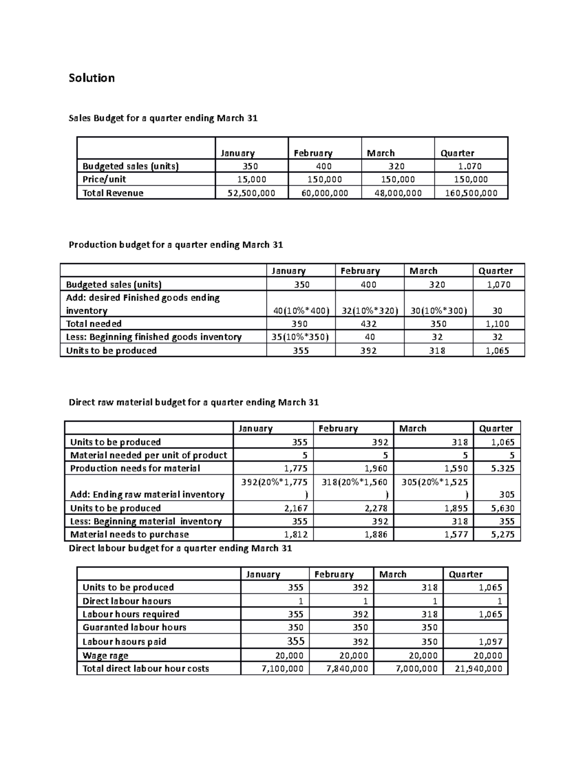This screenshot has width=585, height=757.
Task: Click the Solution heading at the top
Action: pyautogui.click(x=92, y=78)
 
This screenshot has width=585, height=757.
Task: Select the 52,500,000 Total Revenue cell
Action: pyautogui.click(x=252, y=193)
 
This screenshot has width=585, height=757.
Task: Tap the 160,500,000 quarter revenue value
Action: pyautogui.click(x=471, y=193)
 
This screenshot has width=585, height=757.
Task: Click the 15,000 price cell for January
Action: pyautogui.click(x=252, y=179)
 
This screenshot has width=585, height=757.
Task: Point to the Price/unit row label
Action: pyautogui.click(x=104, y=179)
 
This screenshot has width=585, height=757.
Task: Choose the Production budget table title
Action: pyautogui.click(x=175, y=245)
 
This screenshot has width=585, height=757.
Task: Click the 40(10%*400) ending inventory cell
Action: pyautogui.click(x=301, y=311)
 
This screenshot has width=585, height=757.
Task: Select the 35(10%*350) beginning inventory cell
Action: pyautogui.click(x=301, y=337)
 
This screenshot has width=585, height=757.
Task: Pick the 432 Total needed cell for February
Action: pyautogui.click(x=369, y=324)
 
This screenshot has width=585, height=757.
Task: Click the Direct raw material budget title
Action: pyautogui.click(x=194, y=402)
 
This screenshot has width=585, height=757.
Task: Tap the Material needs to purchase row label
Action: pyautogui.click(x=130, y=534)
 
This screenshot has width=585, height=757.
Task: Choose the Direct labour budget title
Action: pyautogui.click(x=180, y=548)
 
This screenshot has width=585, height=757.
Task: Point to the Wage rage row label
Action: pyautogui.click(x=105, y=656)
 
